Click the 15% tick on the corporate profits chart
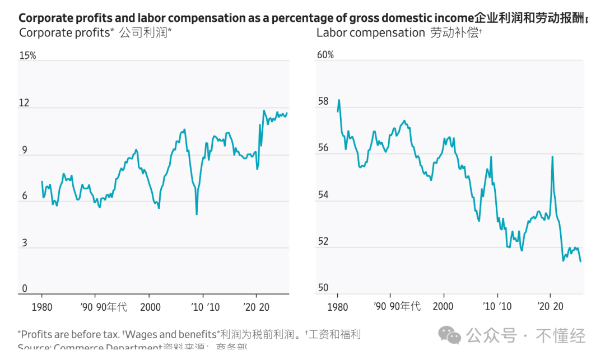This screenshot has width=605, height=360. (x=27, y=56)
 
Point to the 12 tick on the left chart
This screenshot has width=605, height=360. (x=24, y=103)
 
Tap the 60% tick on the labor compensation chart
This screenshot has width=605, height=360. (x=325, y=55)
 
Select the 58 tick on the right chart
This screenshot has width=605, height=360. (x=323, y=102)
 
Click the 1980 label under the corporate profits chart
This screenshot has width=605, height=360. (x=41, y=307)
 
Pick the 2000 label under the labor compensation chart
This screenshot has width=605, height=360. (x=443, y=307)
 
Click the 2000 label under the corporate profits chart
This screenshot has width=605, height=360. (x=150, y=307)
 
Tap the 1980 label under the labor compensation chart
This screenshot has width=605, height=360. (x=337, y=307)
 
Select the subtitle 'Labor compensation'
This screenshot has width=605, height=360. (x=371, y=32)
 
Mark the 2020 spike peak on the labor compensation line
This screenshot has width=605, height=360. (x=552, y=157)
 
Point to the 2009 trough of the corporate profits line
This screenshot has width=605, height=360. (x=197, y=214)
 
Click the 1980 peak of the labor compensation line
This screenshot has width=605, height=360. (x=339, y=100)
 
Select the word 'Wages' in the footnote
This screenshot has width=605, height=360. (x=142, y=335)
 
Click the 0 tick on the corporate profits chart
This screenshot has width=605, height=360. (x=24, y=289)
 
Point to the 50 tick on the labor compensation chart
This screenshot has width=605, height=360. (x=323, y=288)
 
